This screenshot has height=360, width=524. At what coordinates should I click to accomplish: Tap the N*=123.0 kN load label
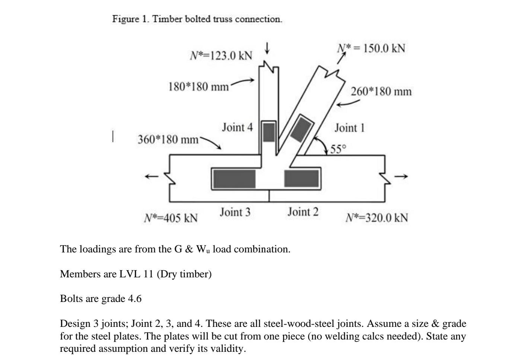221,56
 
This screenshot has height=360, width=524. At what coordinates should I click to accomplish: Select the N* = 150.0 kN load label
371,48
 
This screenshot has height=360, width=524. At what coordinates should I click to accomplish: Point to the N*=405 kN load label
171,218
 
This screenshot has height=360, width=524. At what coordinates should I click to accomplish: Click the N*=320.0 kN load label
377,218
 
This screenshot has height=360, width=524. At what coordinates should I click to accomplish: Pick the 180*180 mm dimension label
198,87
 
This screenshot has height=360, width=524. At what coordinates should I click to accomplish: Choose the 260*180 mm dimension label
381,92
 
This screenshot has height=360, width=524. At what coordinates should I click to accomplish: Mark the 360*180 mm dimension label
168,140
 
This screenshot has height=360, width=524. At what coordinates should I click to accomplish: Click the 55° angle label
338,149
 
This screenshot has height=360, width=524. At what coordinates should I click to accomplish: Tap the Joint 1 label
349,128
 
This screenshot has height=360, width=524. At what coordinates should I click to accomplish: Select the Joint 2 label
303,212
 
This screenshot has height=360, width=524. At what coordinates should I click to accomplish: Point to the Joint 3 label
235,212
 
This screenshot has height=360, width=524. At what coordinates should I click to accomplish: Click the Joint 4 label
237,127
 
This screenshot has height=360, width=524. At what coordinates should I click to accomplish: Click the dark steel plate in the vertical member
269,132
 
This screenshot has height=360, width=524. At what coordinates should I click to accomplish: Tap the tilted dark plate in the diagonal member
302,129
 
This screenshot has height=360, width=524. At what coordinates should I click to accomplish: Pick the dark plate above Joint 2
302,179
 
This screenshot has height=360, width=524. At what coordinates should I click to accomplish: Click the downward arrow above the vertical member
267,48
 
